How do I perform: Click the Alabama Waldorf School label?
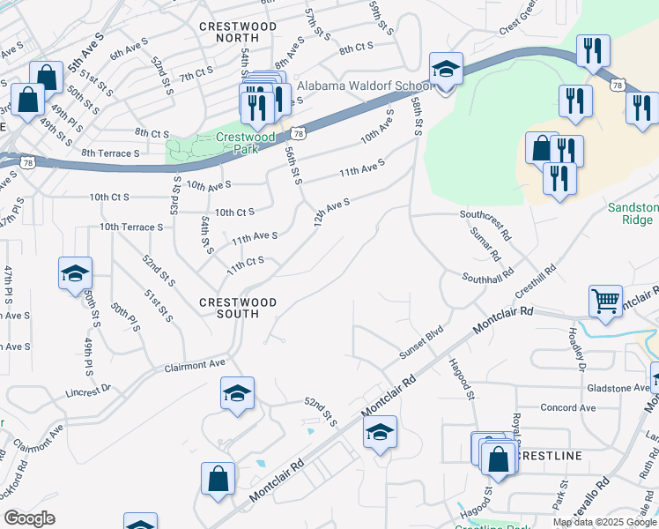click(364, 86)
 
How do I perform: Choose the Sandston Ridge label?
click(633, 214)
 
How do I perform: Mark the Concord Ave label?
click(568, 407)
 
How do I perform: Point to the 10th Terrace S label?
click(131, 227)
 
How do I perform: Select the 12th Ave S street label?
click(332, 212)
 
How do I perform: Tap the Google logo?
click(30, 518)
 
